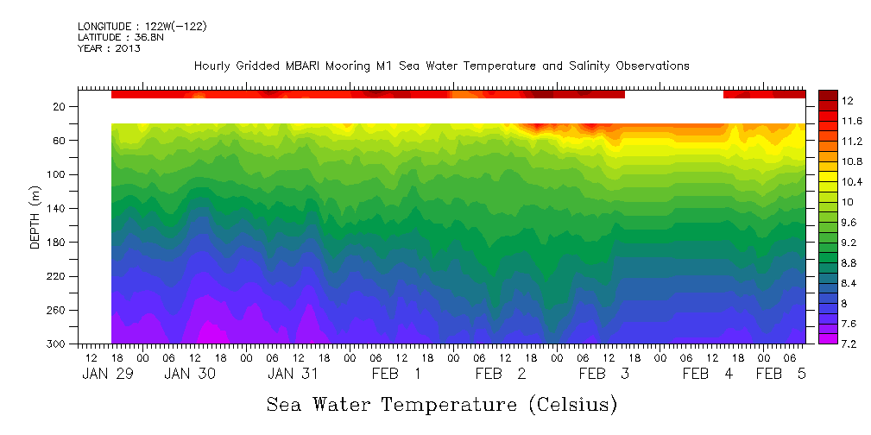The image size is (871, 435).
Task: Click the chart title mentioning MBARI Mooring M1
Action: coord(441,66)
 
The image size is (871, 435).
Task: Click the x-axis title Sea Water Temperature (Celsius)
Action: coord(441,404)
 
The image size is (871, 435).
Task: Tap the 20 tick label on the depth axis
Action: coord(60,106)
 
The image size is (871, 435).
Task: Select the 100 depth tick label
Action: coord(58,174)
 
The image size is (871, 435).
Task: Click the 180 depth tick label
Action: coord(58,243)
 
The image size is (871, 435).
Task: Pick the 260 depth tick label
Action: coord(58,310)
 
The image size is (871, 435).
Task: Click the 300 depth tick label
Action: coord(58,344)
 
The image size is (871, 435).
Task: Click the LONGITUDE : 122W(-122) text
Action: coord(142,27)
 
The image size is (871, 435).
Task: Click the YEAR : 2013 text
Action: coord(109,48)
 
